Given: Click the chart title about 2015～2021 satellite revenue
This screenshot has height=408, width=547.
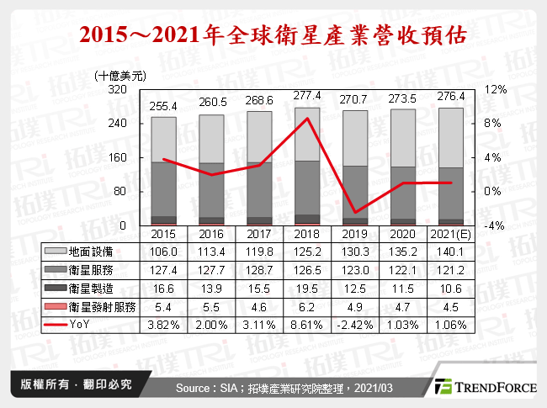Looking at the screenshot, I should click(273, 36).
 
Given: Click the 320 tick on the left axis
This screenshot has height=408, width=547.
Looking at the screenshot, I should click(117, 89).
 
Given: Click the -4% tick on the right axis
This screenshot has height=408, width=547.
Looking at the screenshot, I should click(495, 225).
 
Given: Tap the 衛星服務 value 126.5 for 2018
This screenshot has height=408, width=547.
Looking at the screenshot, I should click(308, 268).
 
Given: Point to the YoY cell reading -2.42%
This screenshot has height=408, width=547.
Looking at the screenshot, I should click(358, 323).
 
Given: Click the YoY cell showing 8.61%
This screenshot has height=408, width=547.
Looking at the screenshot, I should click(308, 323).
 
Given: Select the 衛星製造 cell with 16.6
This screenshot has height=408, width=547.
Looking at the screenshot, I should click(163, 287).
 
